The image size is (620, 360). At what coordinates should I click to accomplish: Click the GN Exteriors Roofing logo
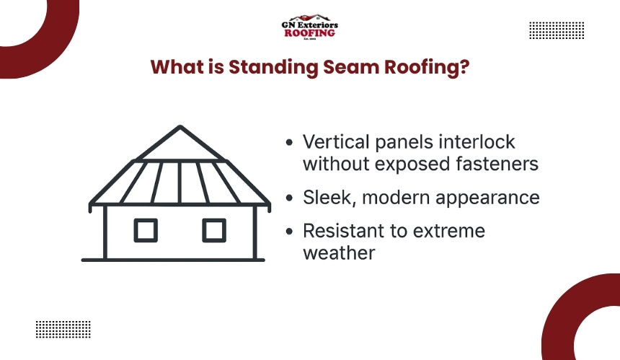click(309, 27)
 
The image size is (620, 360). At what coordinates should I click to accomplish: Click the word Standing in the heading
click(274, 67)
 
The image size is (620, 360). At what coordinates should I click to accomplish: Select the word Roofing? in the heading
click(427, 67)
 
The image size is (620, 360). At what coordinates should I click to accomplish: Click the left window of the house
click(146, 230)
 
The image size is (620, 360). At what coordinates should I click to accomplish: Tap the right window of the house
click(214, 230)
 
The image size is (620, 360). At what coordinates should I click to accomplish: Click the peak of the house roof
click(180, 127)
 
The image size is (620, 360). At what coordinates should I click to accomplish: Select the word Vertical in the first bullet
click(336, 141)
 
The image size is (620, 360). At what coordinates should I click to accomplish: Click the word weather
click(339, 253)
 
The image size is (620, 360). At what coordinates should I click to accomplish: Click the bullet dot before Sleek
click(289, 198)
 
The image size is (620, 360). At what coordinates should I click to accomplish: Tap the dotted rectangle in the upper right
click(557, 30)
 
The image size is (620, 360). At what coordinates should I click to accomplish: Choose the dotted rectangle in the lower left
click(63, 329)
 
